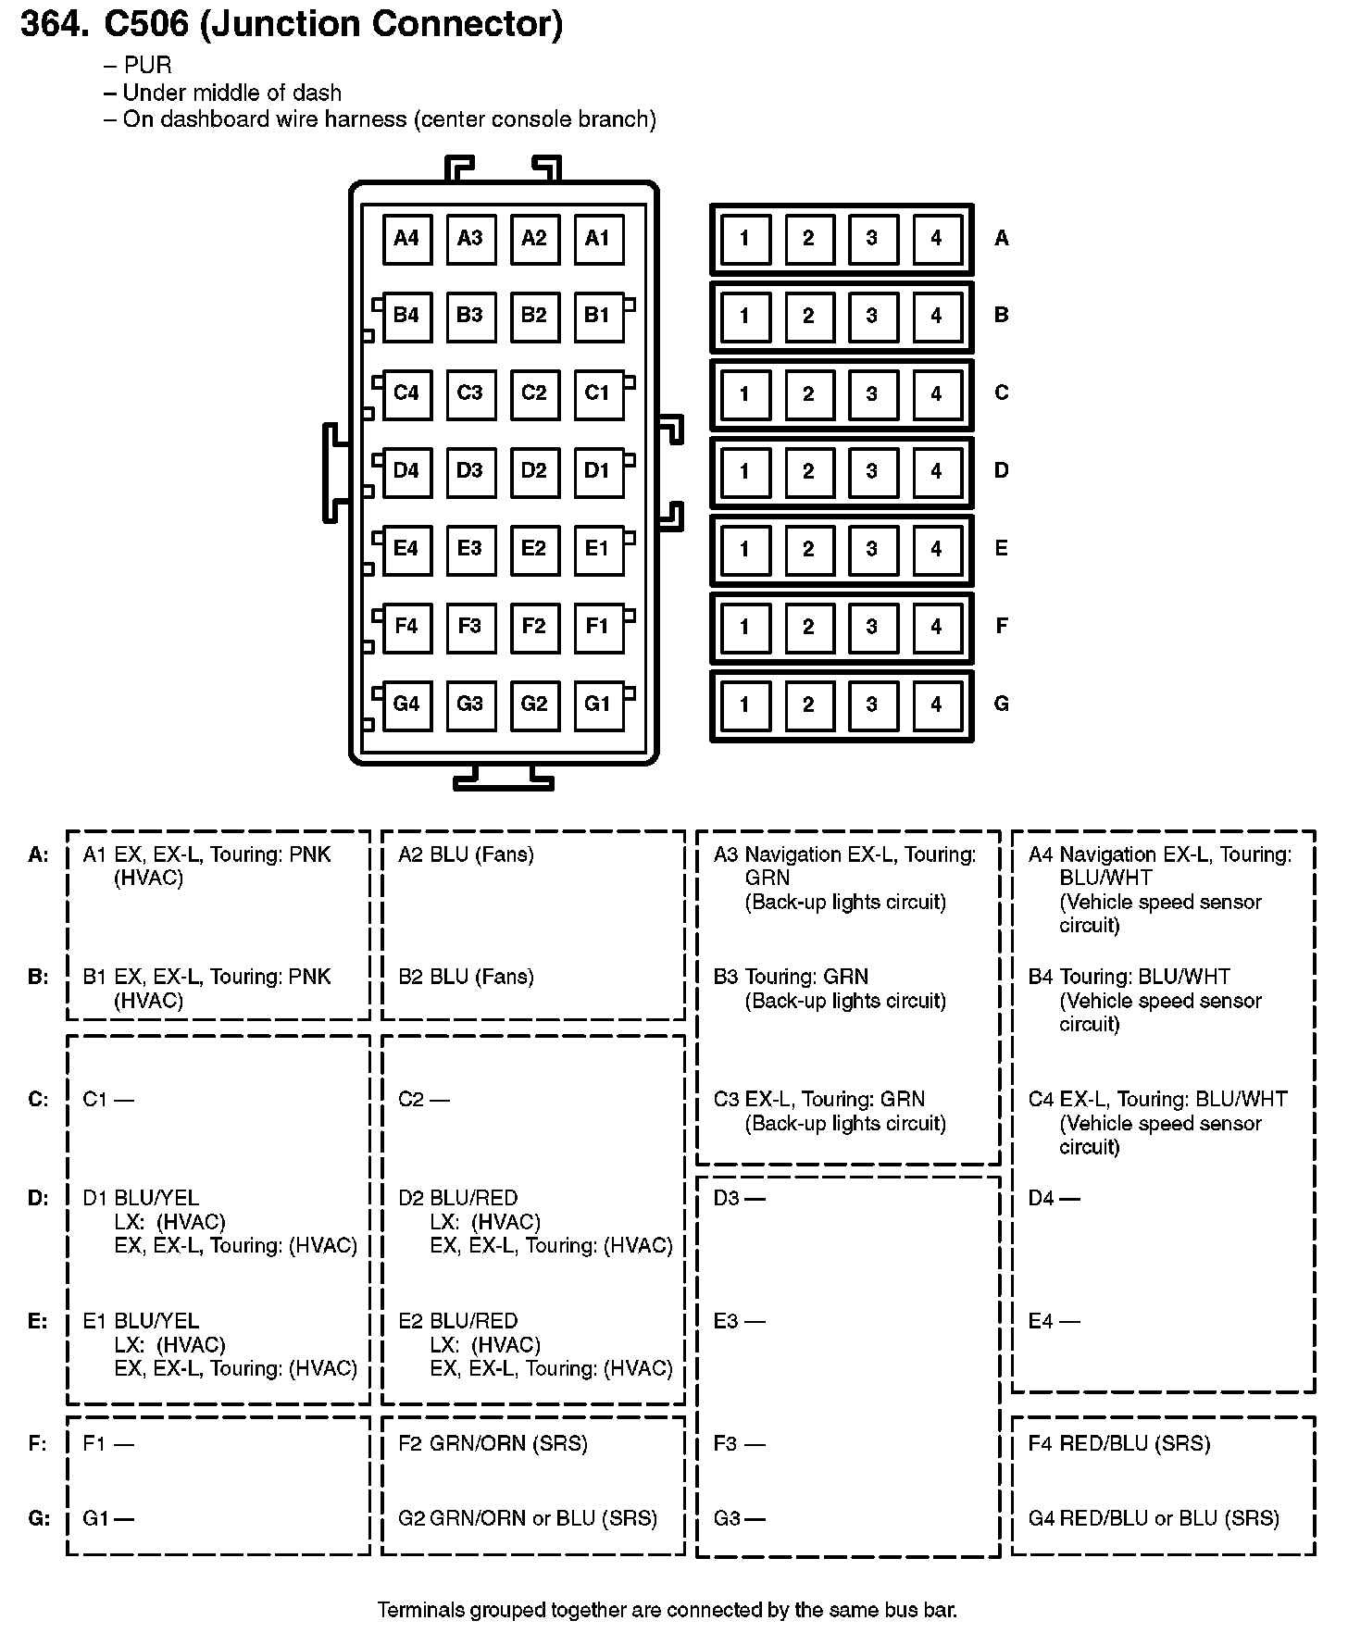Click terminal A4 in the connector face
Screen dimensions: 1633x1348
pyautogui.click(x=406, y=239)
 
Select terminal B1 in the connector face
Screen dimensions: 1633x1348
pyautogui.click(x=598, y=316)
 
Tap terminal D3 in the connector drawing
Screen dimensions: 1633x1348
pyautogui.click(x=470, y=471)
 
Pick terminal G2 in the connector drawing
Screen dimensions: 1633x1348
pyautogui.click(x=534, y=704)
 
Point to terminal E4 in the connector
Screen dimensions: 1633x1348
pyautogui.click(x=406, y=549)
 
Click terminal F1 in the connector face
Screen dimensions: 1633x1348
pyautogui.click(x=598, y=627)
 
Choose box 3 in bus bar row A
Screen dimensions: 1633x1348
pyautogui.click(x=872, y=239)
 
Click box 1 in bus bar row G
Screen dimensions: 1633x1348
pyautogui.click(x=744, y=705)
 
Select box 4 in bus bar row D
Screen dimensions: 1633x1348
pyautogui.click(x=936, y=472)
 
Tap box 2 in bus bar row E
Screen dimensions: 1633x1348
pyautogui.click(x=808, y=550)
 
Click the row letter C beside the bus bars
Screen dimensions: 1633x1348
pyautogui.click(x=1001, y=393)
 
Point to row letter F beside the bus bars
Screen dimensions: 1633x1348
pyautogui.click(x=1001, y=627)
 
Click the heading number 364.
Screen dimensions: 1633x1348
pyautogui.click(x=55, y=24)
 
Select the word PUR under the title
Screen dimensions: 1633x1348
pyautogui.click(x=147, y=66)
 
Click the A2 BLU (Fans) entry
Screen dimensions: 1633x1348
pyautogui.click(x=466, y=854)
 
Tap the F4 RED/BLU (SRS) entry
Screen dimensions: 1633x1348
pyautogui.click(x=1118, y=1443)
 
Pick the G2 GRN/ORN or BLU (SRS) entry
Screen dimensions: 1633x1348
pyautogui.click(x=528, y=1518)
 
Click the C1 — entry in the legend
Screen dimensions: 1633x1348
pyautogui.click(x=108, y=1100)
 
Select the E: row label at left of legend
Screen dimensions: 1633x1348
pyautogui.click(x=38, y=1321)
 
